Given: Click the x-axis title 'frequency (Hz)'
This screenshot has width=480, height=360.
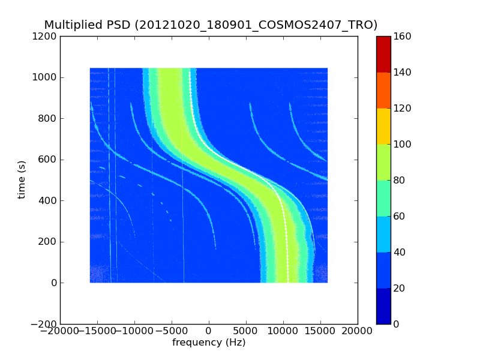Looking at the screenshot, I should pos(209,343).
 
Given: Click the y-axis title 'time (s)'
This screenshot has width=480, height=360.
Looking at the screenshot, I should pos(22,179).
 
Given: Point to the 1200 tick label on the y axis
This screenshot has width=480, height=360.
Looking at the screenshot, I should pos(46,36).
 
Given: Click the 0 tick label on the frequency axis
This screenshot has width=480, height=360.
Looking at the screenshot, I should pos(209,331).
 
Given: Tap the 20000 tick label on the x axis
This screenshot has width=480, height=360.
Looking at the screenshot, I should pos(358,331).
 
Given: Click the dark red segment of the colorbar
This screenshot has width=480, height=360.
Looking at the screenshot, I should pos(383,54).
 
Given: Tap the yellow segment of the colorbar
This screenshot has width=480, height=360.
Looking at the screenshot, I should pos(383,126).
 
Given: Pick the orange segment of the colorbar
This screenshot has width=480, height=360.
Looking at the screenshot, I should pos(383,90).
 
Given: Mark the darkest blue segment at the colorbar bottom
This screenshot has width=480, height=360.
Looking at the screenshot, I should pos(383,306).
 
